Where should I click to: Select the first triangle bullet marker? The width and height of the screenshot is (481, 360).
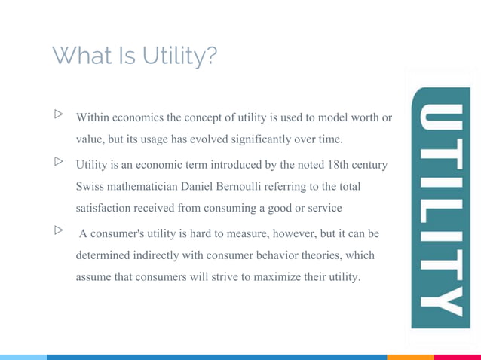pos(58,115)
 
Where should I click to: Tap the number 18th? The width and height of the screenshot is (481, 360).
pos(340,164)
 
